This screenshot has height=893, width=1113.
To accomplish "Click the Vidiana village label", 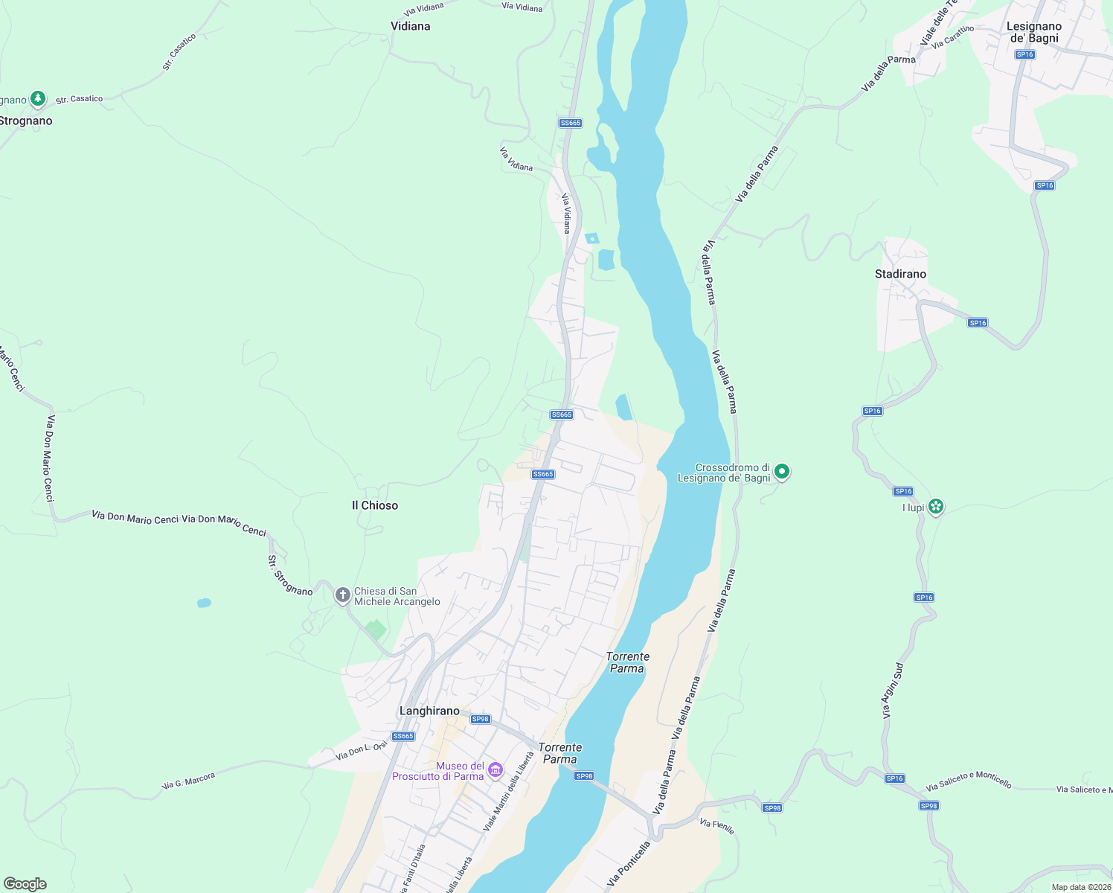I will pos(410,26).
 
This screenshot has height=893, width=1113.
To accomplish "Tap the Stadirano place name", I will pos(900,274).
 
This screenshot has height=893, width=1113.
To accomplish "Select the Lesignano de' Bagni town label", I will pos(1033,32).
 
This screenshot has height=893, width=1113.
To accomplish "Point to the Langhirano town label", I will pos(429,711).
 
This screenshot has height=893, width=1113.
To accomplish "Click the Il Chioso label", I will pos(375,505).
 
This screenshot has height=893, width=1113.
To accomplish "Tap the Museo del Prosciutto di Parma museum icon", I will pos(495,770).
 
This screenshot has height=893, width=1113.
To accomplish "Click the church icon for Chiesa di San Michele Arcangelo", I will pos(342,595).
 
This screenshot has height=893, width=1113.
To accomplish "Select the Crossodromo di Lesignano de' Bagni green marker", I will pos(781,471).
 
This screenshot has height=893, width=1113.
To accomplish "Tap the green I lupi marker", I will pos(936,507).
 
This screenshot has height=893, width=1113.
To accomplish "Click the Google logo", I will pos(25,884).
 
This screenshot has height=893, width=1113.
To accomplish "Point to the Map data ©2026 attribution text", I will pos(1080,887).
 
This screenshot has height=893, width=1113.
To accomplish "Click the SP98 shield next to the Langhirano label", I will pos(481,719).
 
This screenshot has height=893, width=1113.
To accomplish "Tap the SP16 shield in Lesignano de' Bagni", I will pos(1024,54).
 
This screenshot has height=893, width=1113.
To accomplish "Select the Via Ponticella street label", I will pos(629,863).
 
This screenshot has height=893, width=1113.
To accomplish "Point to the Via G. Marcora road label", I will pos(188,781).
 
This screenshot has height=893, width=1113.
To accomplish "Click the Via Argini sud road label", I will pos(893,691).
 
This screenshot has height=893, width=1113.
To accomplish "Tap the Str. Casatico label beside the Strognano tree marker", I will pos(79,99).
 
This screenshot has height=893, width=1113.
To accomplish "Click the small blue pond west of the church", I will pos(204,603).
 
